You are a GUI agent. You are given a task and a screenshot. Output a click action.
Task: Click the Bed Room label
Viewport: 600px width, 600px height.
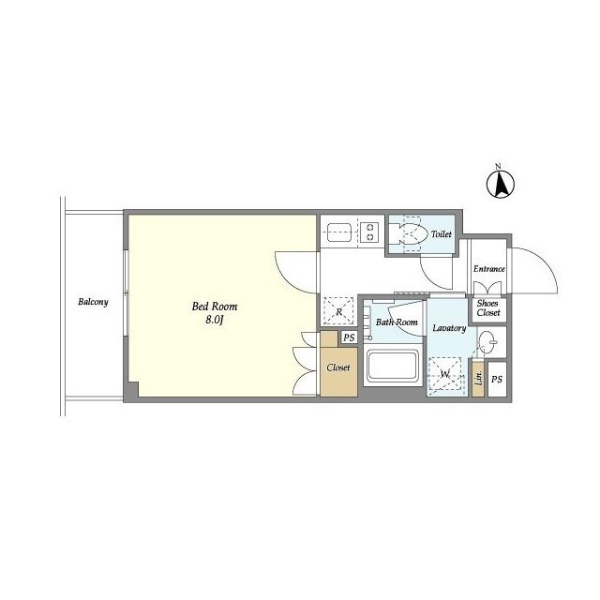click(x=215, y=307)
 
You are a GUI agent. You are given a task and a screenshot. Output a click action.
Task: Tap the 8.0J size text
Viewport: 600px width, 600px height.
click(x=215, y=320)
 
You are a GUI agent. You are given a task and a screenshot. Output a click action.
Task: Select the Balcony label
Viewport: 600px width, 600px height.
click(x=93, y=302)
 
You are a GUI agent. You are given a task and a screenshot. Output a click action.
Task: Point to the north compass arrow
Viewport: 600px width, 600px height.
click(x=500, y=184)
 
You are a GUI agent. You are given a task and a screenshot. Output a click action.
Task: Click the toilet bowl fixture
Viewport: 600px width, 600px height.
click(x=412, y=233)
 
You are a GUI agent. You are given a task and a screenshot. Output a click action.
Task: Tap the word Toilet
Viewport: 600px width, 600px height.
click(x=442, y=234)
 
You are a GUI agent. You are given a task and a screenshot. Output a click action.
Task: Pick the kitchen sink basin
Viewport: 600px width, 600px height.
click(x=339, y=232)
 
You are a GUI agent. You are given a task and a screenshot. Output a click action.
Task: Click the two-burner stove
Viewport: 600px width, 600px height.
click(x=370, y=232)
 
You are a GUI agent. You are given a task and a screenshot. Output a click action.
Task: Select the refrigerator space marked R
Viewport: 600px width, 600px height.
click(x=338, y=310)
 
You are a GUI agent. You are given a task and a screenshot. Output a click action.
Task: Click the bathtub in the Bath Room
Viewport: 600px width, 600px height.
click(x=393, y=366)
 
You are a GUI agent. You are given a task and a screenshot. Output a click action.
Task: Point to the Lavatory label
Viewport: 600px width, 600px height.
click(x=449, y=328)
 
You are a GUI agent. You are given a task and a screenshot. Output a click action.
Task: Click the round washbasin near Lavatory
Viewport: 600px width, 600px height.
click(x=487, y=340)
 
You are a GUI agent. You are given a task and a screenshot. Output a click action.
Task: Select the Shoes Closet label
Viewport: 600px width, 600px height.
click(x=487, y=308)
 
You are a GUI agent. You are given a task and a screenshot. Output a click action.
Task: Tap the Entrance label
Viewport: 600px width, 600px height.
click(x=489, y=269)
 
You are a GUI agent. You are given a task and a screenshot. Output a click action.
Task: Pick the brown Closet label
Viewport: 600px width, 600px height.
click(x=338, y=367)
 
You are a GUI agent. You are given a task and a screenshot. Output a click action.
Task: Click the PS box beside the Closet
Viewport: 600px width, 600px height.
click(x=349, y=337)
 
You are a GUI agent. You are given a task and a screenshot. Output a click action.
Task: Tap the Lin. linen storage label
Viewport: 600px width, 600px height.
click(x=478, y=378)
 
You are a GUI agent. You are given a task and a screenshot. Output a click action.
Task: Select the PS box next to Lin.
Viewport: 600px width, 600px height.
click(x=497, y=379)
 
